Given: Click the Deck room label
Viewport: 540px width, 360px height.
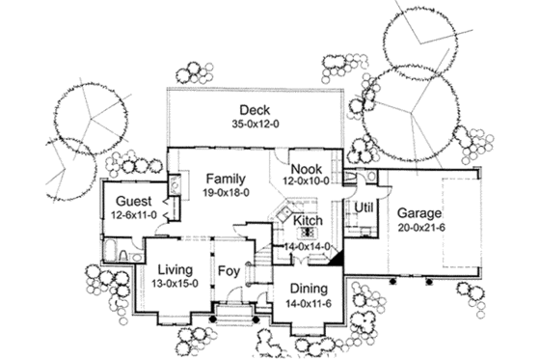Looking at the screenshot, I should [254, 109].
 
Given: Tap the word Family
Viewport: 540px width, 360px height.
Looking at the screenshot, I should [224, 179].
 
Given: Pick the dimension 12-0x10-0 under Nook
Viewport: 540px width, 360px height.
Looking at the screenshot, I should [307, 180].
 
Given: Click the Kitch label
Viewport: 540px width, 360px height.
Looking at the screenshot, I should [308, 221].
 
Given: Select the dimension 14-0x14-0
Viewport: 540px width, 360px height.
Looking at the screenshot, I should [308, 246].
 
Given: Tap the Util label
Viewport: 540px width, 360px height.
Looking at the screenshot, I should [364, 208].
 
